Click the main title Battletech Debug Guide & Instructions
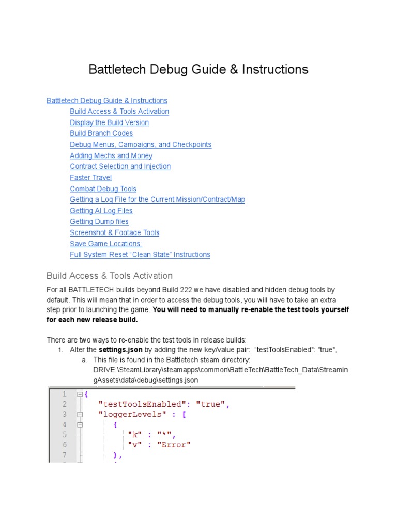[x=198, y=69]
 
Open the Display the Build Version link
[x=109, y=122]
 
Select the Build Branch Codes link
[x=101, y=133]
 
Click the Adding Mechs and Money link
[x=111, y=155]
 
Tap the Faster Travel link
[x=91, y=178]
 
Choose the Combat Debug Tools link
[x=103, y=189]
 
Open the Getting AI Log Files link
[x=101, y=211]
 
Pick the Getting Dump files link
[x=99, y=222]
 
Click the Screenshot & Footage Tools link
[x=115, y=232]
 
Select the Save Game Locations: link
[x=106, y=244]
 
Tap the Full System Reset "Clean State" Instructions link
[x=140, y=255]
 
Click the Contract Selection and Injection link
[x=120, y=166]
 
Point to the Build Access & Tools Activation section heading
[x=110, y=276]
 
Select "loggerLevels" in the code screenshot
[x=129, y=414]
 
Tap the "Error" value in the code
[x=173, y=445]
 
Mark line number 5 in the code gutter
[x=65, y=434]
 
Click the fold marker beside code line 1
[x=80, y=394]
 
